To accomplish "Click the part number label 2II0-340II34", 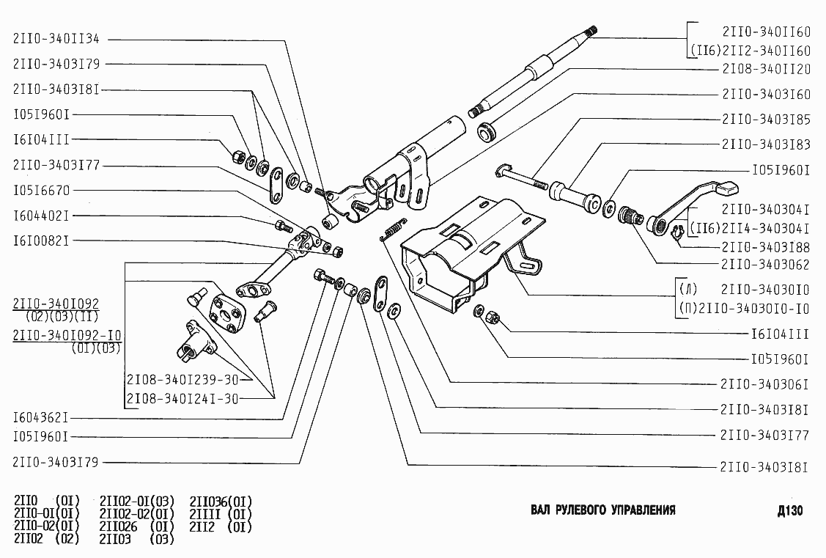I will tap(56, 38).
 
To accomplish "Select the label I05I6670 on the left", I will tap(41, 191).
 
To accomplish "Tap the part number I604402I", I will tap(41, 216).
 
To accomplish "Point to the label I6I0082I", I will tap(41, 240).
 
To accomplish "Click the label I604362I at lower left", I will tap(41, 419).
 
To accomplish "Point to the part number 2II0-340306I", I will tap(764, 384).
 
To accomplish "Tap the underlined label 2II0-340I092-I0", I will tap(67, 336).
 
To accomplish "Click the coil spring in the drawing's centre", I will tap(392, 230).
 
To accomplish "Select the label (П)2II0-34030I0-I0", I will tap(742, 309).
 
